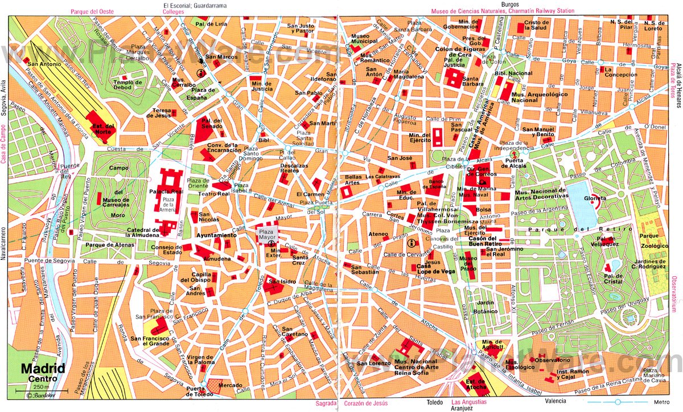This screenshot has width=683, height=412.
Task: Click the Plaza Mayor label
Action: pos(266,235)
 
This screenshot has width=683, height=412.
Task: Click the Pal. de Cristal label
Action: pos(615,280)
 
